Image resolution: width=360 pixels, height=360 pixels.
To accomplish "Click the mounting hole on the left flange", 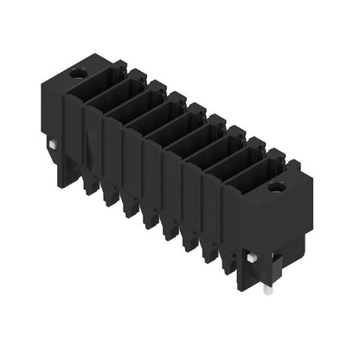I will pyautogui.click(x=79, y=74).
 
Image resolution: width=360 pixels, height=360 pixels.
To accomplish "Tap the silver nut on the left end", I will pyautogui.click(x=54, y=145).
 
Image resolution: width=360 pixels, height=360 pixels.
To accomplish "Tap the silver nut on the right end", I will pyautogui.click(x=250, y=259).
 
